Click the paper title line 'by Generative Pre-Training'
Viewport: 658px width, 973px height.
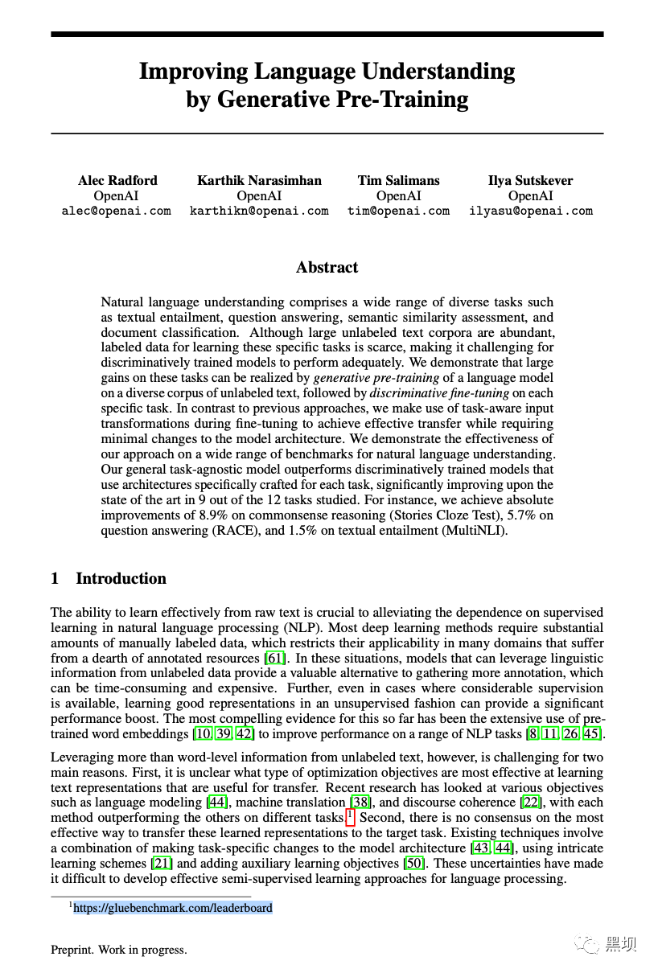coord(327,100)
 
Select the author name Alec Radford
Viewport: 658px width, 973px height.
coord(117,180)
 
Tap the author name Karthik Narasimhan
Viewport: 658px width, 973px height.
coord(259,180)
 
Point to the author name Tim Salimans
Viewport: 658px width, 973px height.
coord(399,180)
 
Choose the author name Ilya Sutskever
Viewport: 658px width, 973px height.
coord(530,180)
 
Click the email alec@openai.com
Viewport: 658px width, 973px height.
coord(117,211)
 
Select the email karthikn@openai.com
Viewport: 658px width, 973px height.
coord(259,211)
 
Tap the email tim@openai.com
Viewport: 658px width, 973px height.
coord(398,211)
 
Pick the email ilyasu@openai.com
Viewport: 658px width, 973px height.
coord(530,211)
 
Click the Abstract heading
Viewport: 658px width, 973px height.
coord(327,268)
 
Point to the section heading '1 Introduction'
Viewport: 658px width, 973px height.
coord(109,579)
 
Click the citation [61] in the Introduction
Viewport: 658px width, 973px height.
coord(276,658)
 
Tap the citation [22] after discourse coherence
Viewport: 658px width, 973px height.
coord(531,803)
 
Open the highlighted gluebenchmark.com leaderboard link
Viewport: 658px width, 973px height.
coord(173,908)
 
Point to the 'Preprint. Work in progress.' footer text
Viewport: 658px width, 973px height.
coord(119,950)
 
